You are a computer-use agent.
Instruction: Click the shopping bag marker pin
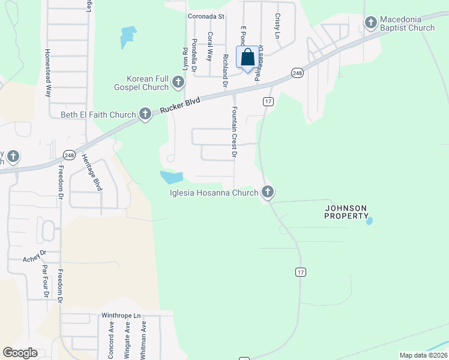click(248, 58)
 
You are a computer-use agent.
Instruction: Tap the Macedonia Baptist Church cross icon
click(370, 23)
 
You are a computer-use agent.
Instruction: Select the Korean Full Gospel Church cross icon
click(178, 83)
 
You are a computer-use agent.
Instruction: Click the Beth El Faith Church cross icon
click(145, 114)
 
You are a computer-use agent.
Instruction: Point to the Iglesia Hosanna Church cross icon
click(268, 193)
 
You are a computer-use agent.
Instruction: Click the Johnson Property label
click(346, 212)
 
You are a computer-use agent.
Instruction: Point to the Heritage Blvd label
click(95, 172)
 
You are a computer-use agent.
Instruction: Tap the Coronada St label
click(205, 17)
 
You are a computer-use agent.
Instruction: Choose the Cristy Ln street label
click(277, 26)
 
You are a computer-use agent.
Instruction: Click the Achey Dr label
click(34, 258)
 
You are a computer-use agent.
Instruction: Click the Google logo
click(20, 353)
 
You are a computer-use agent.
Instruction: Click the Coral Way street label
click(210, 47)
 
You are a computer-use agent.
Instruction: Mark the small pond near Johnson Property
click(369, 221)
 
